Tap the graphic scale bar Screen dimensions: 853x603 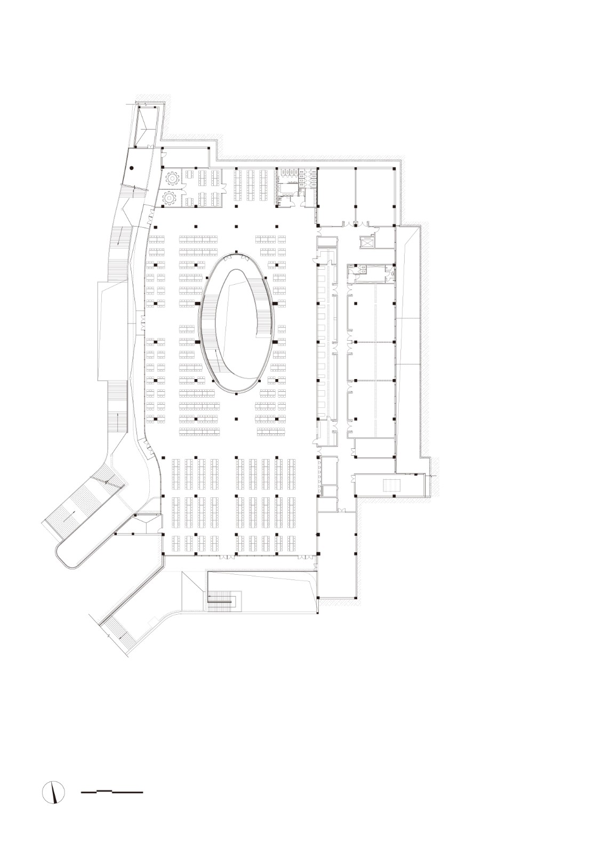pos(112,792)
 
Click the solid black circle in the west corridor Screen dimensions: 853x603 pos(131,168)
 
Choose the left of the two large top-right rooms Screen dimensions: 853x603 pos(336,194)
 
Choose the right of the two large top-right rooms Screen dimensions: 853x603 pos(374,194)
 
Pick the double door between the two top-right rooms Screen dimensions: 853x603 pos(356,222)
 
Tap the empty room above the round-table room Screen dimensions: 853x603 pos(184,158)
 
